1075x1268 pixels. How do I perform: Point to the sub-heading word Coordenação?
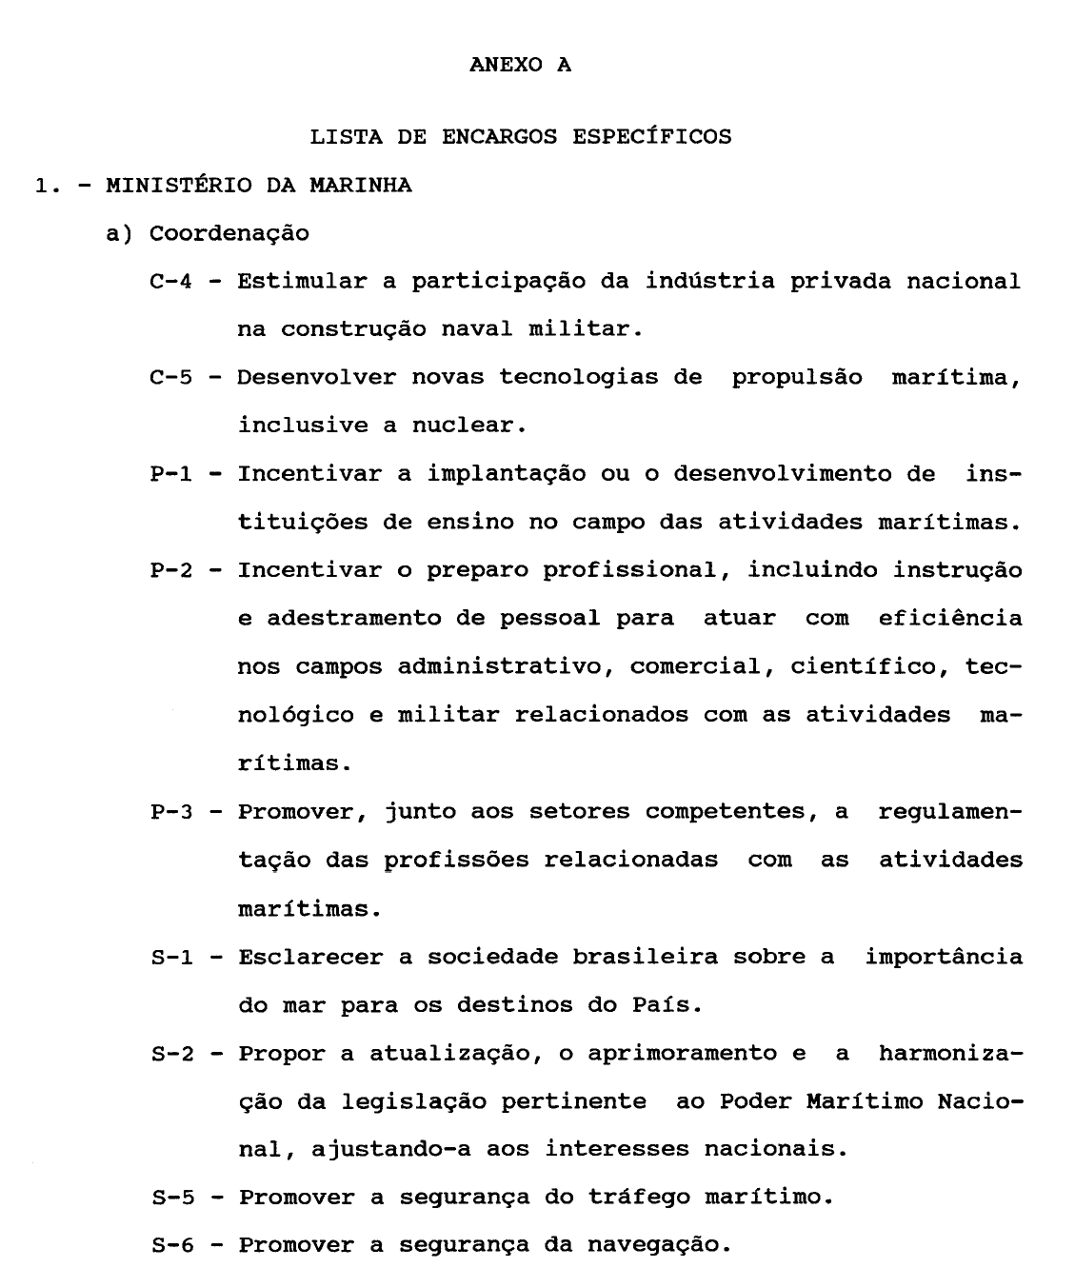click(229, 233)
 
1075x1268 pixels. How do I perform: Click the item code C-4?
click(171, 282)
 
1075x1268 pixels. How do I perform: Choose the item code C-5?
click(171, 377)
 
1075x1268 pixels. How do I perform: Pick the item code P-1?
click(171, 474)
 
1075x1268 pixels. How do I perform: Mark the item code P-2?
click(171, 570)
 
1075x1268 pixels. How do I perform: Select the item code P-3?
click(171, 812)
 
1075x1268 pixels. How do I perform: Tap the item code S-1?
click(171, 957)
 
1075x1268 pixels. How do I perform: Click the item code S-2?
click(171, 1054)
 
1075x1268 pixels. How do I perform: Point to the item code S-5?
click(171, 1198)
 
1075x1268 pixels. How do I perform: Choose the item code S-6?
click(171, 1245)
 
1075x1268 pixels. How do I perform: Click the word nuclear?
click(468, 426)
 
